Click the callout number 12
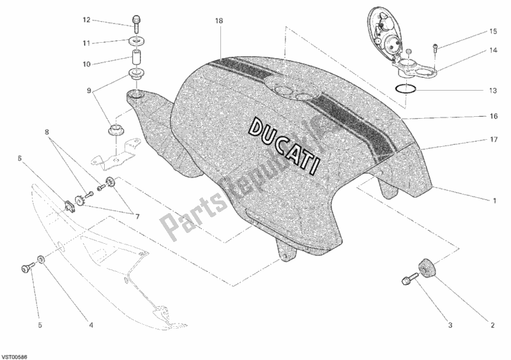point(86,20)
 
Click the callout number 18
point(218,21)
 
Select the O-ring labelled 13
point(405,88)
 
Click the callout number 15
point(493,32)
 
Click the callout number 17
point(494,140)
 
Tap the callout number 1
point(494,200)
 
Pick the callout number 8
point(47,132)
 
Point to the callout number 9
point(89,91)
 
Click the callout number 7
point(137,216)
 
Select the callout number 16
point(494,116)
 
